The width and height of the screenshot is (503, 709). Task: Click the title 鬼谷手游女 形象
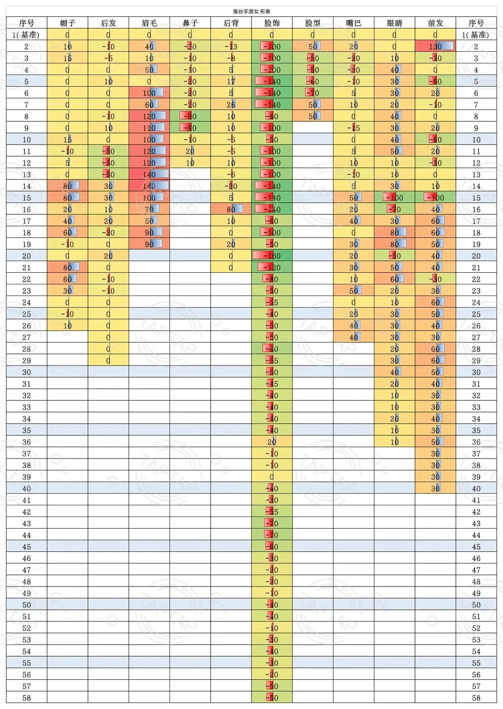pos(251,11)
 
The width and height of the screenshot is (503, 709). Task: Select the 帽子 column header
pos(68,23)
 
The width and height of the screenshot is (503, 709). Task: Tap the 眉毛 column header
pos(149,23)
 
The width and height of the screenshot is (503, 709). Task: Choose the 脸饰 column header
pos(272,23)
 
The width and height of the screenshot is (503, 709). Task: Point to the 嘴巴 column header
pos(353,23)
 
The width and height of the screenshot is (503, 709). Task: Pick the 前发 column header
pos(435,23)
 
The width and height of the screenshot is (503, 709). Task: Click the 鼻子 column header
pos(190,23)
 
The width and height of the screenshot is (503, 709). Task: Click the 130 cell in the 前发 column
pos(435,46)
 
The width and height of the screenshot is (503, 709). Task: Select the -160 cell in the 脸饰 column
pos(272,255)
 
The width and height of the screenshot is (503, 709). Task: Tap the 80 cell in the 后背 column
pos(231,209)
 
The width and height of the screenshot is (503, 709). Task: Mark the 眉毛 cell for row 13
pos(149,174)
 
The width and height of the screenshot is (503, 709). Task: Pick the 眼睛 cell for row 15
pos(394,198)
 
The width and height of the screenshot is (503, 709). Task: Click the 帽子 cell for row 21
pos(68,268)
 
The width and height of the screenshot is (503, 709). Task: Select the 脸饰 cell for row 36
pos(272,442)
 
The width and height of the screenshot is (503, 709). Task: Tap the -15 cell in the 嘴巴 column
pos(353,128)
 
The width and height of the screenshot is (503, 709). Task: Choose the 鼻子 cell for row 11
pos(190,151)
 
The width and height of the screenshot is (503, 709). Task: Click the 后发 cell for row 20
pos(108,255)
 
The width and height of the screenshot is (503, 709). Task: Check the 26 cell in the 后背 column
pos(231,104)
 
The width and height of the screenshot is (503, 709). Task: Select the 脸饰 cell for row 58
pos(272,698)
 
